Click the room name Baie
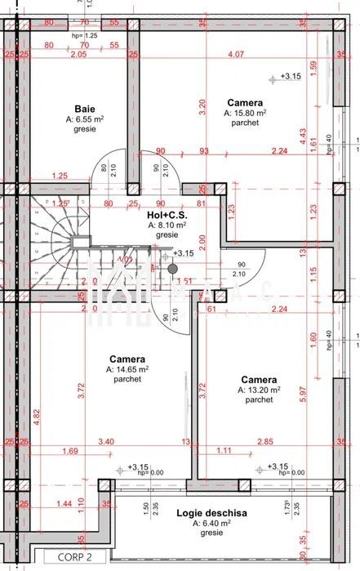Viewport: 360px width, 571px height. coord(84,109)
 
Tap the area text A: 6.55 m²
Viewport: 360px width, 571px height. coord(85,118)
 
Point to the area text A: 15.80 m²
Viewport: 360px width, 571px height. coord(245,113)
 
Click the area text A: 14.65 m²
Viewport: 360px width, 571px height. coord(127,369)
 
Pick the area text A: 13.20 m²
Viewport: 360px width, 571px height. coord(259,390)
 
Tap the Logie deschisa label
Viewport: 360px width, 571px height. coord(211,512)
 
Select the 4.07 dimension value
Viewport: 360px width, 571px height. coord(236,55)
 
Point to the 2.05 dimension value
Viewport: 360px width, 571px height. coord(78,55)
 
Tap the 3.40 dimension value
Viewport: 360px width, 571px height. coord(106,442)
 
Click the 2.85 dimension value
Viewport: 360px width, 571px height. coord(243,442)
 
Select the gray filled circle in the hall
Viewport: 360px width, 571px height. coord(172,268)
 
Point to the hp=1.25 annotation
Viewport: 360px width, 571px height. coord(84,37)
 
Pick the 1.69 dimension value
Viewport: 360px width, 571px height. coord(70,450)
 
